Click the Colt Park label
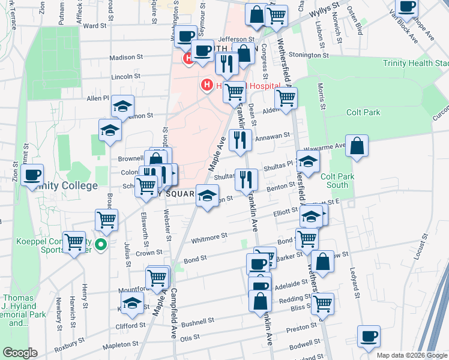[363, 112]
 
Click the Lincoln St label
[125, 77]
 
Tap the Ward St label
[95, 26]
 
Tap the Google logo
[20, 353]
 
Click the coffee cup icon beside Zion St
[32, 175]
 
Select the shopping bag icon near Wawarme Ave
[357, 146]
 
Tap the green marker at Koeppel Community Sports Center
[101, 244]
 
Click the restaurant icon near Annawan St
[240, 140]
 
